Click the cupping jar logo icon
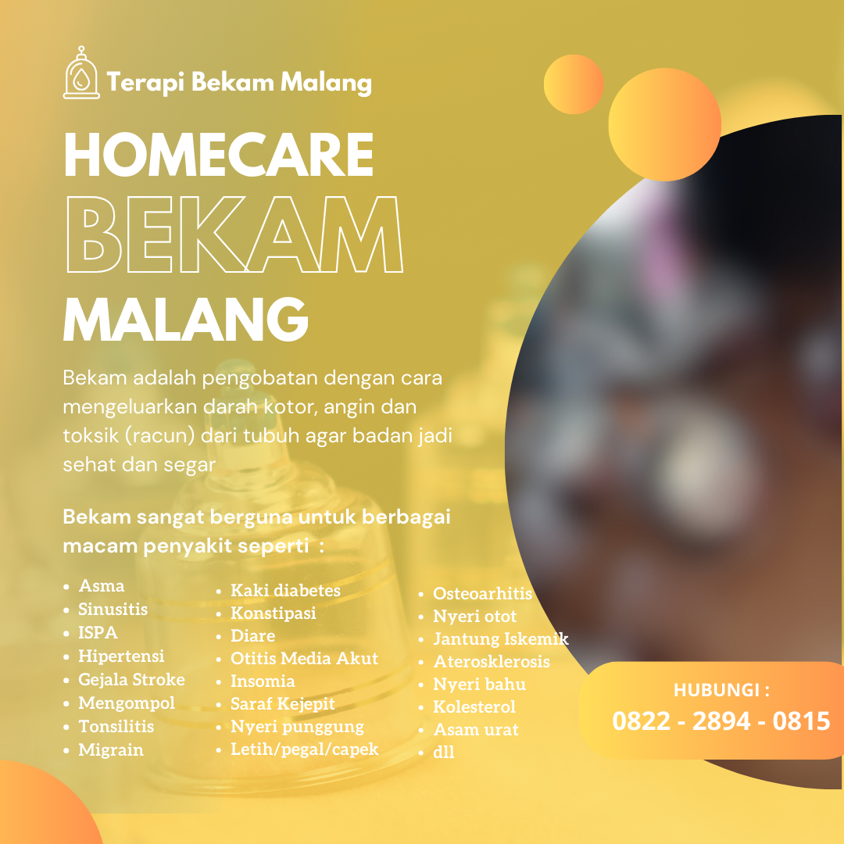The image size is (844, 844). pos(81,73)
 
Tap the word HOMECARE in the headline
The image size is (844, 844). pos(219,155)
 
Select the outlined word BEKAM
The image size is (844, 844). pos(234,234)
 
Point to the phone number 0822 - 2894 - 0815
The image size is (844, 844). pos(721,721)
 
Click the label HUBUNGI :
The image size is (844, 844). pos(721,689)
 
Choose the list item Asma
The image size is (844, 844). pos(101,585)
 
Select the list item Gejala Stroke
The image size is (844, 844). pos(131,679)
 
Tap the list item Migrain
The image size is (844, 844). pos(111,749)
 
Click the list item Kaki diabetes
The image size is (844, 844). pos(285,591)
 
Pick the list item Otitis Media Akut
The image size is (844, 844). pos(304,658)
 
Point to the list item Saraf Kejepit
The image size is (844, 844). pos(283,703)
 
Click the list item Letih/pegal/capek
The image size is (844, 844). pos(305,749)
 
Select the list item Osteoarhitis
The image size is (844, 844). pos(482,593)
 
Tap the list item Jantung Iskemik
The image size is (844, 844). pos(501,638)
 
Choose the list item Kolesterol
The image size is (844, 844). pos(474,706)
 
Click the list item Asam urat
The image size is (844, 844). pos(476,729)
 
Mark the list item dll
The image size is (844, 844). pos(444,752)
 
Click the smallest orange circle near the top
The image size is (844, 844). pos(574,84)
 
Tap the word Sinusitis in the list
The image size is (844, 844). pos(113,610)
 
